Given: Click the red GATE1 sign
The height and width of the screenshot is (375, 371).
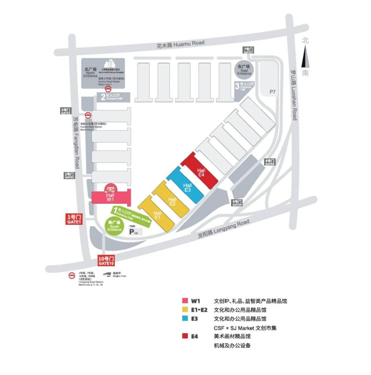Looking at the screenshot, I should pyautogui.click(x=74, y=219).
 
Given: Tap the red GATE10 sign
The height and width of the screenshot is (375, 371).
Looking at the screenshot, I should pyautogui.click(x=106, y=261).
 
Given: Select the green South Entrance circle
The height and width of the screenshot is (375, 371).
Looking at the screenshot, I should pyautogui.click(x=114, y=226).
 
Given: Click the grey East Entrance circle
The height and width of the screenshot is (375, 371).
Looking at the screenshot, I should pyautogui.click(x=244, y=69).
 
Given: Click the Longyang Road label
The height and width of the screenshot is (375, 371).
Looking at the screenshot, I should pyautogui.click(x=223, y=229).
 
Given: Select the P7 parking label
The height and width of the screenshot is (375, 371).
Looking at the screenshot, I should pyautogui.click(x=273, y=92).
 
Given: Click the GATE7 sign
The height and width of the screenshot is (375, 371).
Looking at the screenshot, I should pyautogui.click(x=248, y=50).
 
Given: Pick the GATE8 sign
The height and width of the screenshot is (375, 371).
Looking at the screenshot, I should pyautogui.click(x=270, y=162).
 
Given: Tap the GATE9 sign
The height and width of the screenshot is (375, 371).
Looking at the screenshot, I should pyautogui.click(x=237, y=203).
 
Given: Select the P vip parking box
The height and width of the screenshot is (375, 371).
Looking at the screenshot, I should pyautogui.click(x=135, y=231).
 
